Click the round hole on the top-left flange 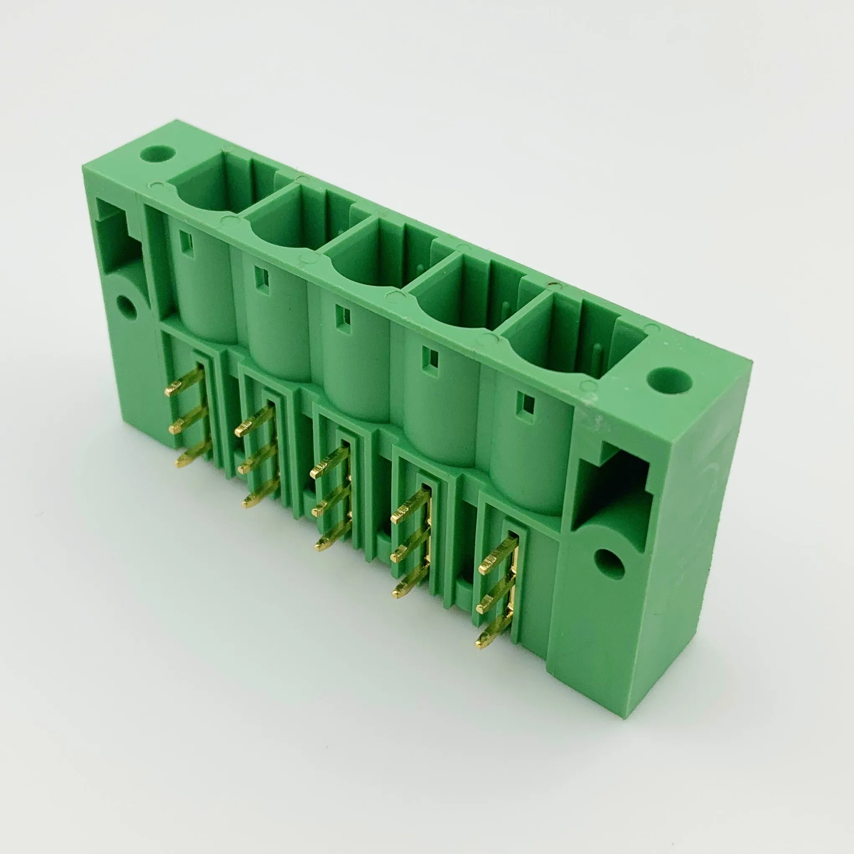pos(157,154)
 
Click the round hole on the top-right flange pos(669,380)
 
